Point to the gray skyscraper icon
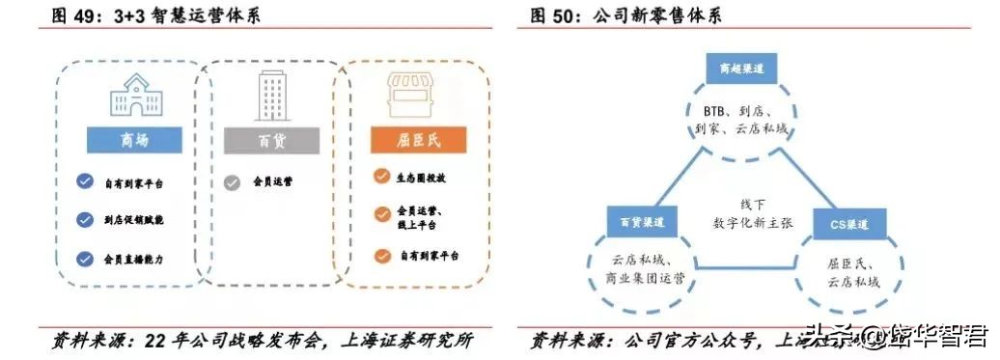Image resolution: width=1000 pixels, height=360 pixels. point(270,94)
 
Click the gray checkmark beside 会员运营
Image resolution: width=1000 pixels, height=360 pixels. point(232,180)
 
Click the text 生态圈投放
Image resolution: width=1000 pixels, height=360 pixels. point(421,178)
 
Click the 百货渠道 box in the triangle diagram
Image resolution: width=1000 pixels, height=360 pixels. point(641,222)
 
